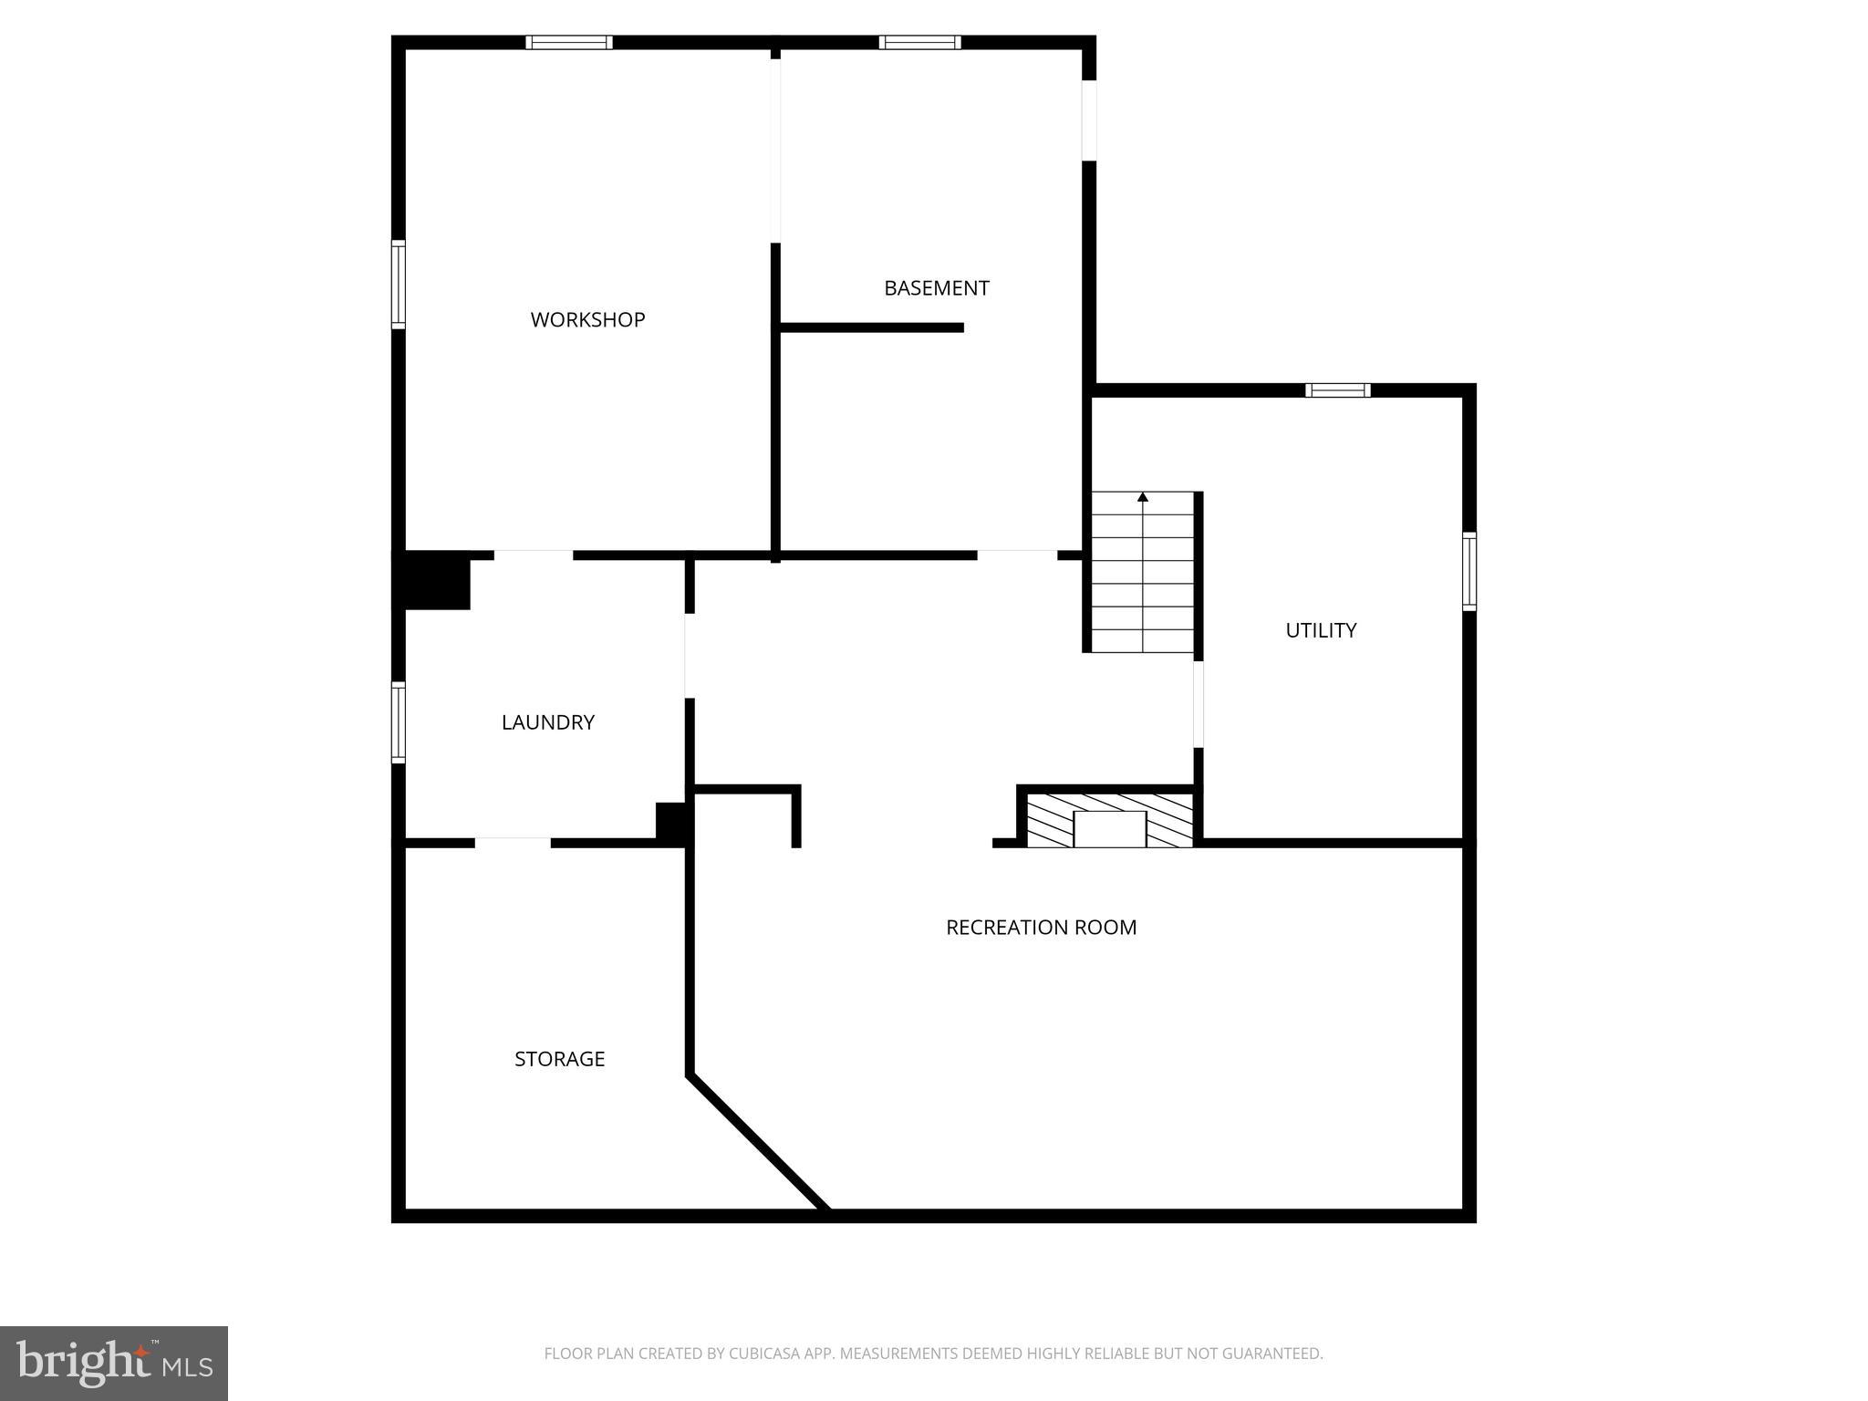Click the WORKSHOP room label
point(587,320)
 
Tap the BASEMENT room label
point(936,288)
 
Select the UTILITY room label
point(1320,630)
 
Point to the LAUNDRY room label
point(547,722)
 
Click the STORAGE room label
point(559,1059)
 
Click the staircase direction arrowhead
point(1143,497)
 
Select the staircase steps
point(1143,584)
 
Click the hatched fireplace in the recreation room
point(1109,820)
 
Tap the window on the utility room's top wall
point(1337,390)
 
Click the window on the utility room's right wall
point(1468,571)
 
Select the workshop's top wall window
point(568,42)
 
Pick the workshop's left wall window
point(399,284)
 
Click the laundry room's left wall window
point(399,721)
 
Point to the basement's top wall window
point(919,42)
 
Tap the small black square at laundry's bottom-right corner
point(671,823)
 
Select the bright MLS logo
point(114,1363)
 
